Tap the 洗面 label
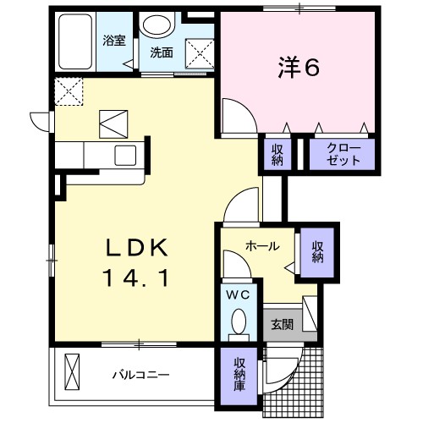[161, 52]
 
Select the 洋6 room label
[298, 69]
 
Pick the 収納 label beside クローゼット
[277, 154]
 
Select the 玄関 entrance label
[282, 323]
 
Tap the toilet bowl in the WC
[238, 321]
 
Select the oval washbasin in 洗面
[155, 24]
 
